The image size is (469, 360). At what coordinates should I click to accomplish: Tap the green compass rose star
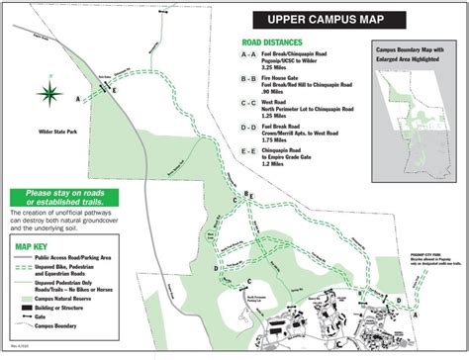pyautogui.click(x=49, y=94)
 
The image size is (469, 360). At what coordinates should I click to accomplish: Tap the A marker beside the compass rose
pyautogui.click(x=78, y=98)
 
